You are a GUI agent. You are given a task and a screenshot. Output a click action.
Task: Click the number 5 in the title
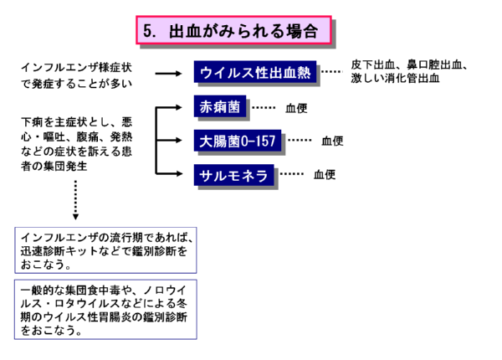click(x=148, y=32)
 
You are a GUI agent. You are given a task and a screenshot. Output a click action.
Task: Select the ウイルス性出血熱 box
click(x=255, y=73)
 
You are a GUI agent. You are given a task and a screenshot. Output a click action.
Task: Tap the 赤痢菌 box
click(x=218, y=108)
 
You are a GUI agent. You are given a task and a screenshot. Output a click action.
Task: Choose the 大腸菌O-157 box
click(x=238, y=141)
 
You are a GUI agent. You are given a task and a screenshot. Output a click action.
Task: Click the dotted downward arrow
click(x=76, y=202)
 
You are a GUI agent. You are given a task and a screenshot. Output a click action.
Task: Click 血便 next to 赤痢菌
click(x=296, y=109)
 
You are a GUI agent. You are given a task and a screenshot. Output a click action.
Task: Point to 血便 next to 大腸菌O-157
click(x=332, y=141)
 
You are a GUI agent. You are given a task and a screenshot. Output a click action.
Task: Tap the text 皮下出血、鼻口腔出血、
click(x=410, y=65)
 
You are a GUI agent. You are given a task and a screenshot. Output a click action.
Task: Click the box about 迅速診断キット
click(x=106, y=249)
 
